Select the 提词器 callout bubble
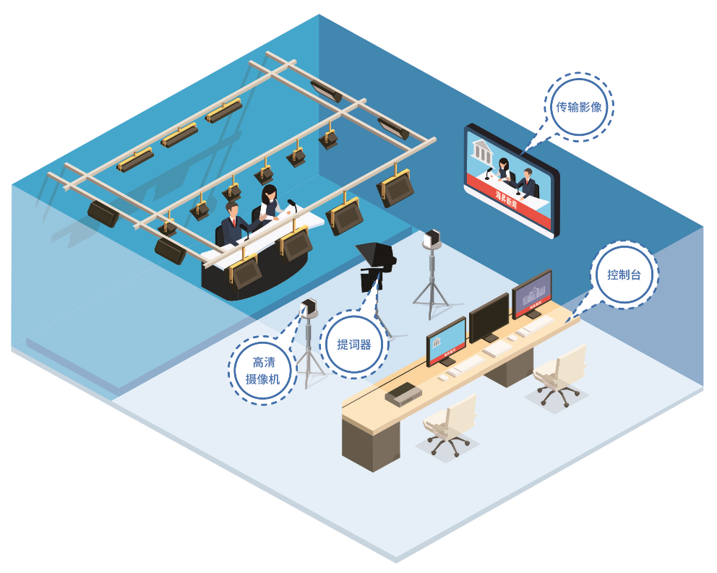354,344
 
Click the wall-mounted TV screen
512,180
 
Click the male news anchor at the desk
233,224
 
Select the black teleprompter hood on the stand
375,255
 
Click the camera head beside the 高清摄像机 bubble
309,307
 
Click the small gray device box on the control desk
403,393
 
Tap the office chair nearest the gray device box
450,422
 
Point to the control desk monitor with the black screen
489,316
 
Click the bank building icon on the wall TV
481,151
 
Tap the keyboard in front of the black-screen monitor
499,349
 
